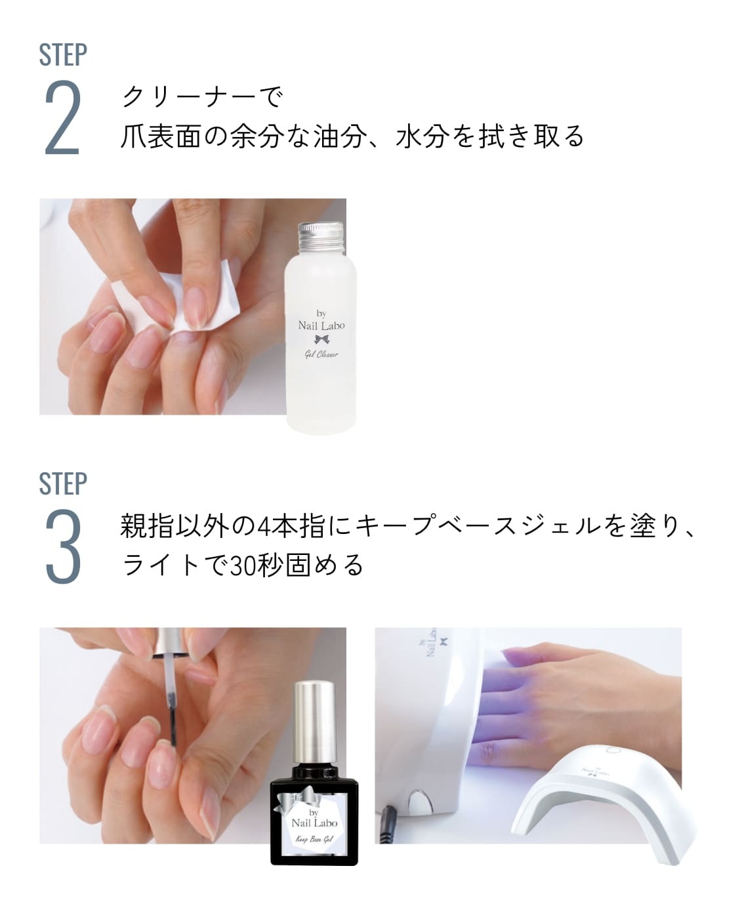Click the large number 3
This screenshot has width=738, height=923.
tap(63, 548)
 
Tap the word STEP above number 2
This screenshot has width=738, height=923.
tap(63, 55)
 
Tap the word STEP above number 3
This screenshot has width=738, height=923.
tap(63, 484)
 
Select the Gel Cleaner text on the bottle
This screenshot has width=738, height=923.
tap(321, 354)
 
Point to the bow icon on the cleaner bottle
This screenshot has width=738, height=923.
tap(321, 339)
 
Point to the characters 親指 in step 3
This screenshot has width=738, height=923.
tap(147, 527)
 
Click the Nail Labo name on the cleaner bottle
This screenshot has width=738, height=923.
tap(321, 325)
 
